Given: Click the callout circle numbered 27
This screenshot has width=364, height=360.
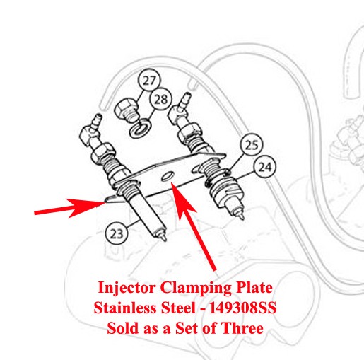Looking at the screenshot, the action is (x=149, y=81).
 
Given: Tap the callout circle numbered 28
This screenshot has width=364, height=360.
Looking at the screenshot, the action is (x=161, y=99).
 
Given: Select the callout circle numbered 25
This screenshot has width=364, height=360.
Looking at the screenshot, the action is (x=252, y=144).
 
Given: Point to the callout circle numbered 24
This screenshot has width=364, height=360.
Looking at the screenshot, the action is (x=265, y=167).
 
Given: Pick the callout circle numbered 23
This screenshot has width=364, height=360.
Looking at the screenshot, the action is (x=117, y=234).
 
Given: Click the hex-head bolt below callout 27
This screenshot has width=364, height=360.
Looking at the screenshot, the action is (x=127, y=111).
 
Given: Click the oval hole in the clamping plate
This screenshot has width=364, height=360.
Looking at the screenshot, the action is (x=168, y=176).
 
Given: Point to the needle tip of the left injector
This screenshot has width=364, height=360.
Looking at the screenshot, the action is (x=164, y=238).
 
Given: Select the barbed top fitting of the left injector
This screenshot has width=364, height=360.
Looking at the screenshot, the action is (x=96, y=122).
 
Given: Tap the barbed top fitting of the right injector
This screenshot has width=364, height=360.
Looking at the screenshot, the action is (x=184, y=100).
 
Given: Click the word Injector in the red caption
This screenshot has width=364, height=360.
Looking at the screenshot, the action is (x=127, y=288).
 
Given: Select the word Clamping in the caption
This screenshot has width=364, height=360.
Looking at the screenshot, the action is (x=195, y=288).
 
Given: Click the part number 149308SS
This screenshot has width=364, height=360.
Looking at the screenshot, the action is (x=242, y=308).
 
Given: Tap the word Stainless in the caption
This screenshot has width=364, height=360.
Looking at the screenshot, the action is (x=125, y=308).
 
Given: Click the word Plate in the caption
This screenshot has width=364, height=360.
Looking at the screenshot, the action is (x=253, y=288).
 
